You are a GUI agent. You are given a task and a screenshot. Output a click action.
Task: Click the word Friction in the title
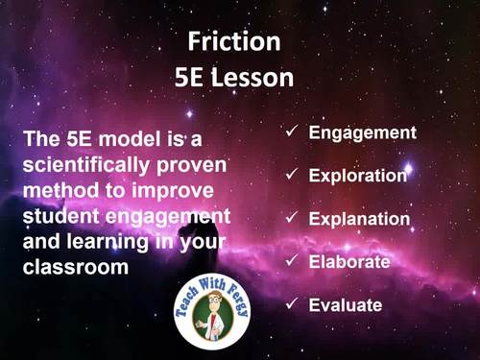click(x=233, y=42)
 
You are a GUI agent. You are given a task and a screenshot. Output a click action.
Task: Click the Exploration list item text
click(x=358, y=176)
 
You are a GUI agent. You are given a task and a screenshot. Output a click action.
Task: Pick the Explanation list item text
click(x=359, y=219)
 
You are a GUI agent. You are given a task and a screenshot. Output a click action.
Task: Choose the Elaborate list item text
click(x=349, y=261)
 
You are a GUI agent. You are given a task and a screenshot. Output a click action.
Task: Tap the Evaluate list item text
click(x=346, y=305)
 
